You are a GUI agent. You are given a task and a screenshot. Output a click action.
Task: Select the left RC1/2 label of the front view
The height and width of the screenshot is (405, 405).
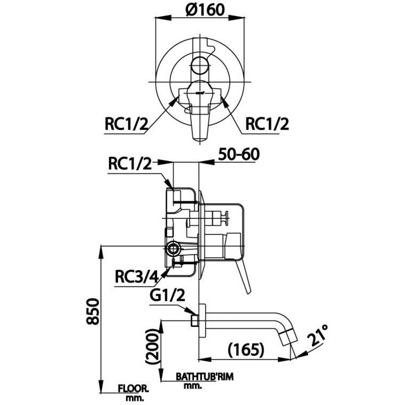click(126, 125)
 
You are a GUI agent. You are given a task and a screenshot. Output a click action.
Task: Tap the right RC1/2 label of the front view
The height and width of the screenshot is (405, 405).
click(267, 125)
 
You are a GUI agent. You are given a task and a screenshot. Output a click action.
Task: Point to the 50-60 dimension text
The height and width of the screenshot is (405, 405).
click(238, 154)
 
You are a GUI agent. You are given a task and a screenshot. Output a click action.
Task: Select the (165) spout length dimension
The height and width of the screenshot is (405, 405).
click(246, 350)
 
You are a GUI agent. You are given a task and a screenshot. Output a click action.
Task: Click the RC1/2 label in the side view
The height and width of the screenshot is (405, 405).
click(130, 164)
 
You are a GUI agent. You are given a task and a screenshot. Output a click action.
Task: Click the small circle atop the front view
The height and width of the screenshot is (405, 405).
click(201, 66)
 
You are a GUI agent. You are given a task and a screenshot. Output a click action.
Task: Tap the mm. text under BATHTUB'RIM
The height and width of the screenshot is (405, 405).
click(193, 386)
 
